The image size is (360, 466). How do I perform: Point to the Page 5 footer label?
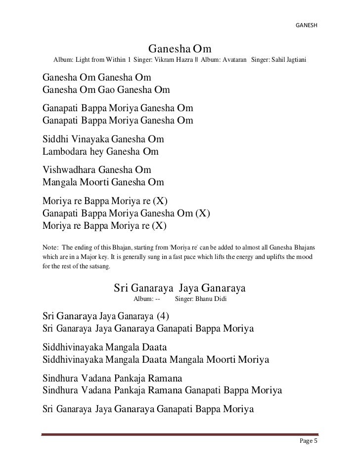pyautogui.click(x=309, y=441)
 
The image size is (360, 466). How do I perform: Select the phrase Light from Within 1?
pyautogui.click(x=102, y=60)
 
